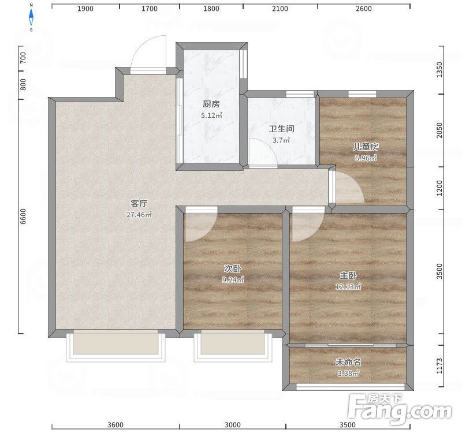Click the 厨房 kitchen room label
pyautogui.click(x=211, y=104)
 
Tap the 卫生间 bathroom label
pyautogui.click(x=282, y=129)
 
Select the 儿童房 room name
pyautogui.click(x=366, y=147)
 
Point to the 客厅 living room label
pyautogui.click(x=139, y=203)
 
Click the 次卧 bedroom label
pyautogui.click(x=233, y=268)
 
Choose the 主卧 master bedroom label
pyautogui.click(x=348, y=275)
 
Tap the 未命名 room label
pyautogui.click(x=348, y=362)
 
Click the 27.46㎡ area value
pyautogui.click(x=139, y=214)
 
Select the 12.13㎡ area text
pyautogui.click(x=348, y=286)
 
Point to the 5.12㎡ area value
pyautogui.click(x=211, y=115)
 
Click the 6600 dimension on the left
pyautogui.click(x=23, y=216)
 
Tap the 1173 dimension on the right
pyautogui.click(x=439, y=366)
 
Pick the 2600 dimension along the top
pyautogui.click(x=364, y=9)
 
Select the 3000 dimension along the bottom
pyautogui.click(x=233, y=425)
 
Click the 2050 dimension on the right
pyautogui.click(x=439, y=130)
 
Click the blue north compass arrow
pyautogui.click(x=31, y=17)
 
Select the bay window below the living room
pyautogui.click(x=115, y=345)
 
